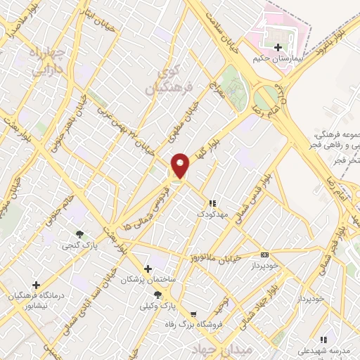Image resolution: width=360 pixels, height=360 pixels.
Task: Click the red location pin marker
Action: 181,165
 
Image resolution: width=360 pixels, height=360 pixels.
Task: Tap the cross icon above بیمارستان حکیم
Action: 278,47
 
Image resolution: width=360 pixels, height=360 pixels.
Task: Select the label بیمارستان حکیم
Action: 279,60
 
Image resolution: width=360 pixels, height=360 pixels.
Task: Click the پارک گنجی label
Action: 79,245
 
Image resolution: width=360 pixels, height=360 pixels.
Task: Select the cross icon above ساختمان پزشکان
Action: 148,269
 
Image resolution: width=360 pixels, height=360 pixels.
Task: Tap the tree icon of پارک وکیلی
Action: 157,295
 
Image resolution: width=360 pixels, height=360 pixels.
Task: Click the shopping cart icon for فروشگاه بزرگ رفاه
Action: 193,314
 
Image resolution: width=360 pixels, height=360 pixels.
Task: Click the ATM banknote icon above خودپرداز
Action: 264,255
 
